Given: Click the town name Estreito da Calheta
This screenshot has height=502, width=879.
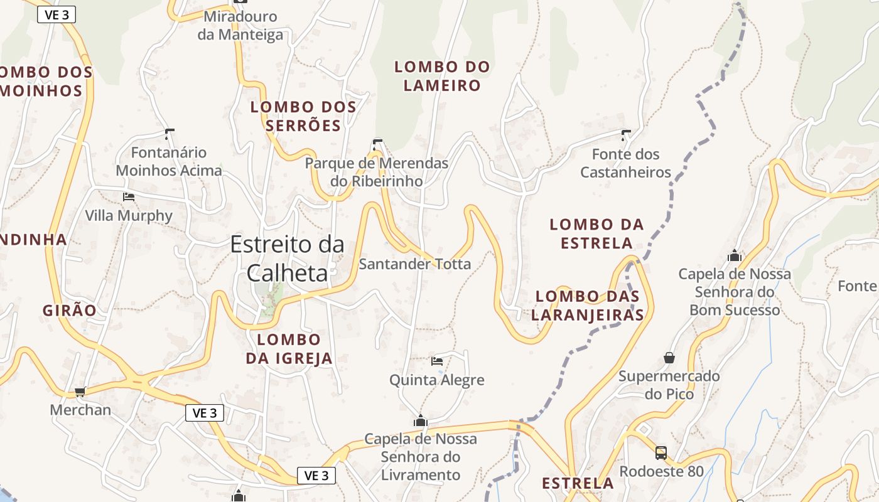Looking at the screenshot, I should coord(288,258).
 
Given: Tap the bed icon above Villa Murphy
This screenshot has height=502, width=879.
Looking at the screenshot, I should coord(129,197).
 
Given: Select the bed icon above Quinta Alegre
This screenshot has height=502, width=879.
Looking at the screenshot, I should coord(437,361).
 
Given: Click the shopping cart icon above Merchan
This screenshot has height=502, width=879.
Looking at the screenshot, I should coord(80,392).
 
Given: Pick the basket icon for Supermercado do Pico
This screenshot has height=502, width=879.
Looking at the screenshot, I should coord(669,358).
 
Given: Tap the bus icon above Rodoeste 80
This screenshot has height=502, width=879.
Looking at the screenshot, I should coord(661,452).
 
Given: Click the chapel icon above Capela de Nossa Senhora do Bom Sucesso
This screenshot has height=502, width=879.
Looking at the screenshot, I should coord(735,256).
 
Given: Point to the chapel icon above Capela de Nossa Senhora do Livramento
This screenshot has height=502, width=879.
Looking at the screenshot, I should coord(421,420).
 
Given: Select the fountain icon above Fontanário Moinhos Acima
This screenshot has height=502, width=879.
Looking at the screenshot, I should coord(169,133).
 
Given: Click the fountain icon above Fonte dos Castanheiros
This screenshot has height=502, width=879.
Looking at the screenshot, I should coord(625,134).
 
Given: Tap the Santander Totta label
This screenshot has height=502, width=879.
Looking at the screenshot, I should coord(414,264).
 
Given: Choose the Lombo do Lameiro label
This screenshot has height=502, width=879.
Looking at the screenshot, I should coord(442,76).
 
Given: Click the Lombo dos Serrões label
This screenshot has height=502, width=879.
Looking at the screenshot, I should coord(303,116).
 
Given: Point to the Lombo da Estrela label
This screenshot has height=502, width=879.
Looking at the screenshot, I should coord(596,233).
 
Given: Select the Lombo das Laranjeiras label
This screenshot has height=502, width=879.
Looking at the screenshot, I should coord(588,306).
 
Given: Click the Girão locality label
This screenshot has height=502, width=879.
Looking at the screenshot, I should coord(70,310).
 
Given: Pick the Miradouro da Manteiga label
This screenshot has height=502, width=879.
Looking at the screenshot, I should coord(240,26).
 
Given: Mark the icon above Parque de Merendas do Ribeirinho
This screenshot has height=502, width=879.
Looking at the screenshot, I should coord(377,143).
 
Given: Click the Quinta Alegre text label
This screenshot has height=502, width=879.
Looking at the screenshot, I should coord(437,380).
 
